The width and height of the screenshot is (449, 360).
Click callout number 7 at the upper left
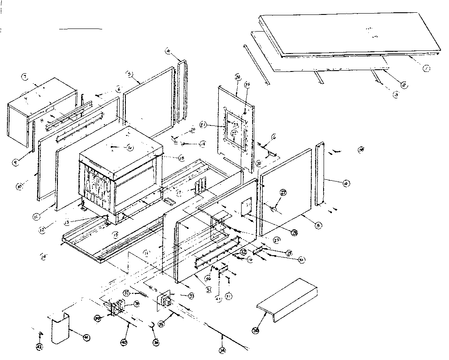(x=25, y=78)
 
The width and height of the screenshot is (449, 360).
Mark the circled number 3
(x=396, y=95)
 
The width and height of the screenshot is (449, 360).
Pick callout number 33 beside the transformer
(x=191, y=296)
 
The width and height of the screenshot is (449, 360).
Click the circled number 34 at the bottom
(x=222, y=349)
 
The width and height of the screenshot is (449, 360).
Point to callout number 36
(x=156, y=342)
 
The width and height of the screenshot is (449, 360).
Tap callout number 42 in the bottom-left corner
(x=40, y=347)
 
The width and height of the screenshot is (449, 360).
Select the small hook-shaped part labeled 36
(x=151, y=324)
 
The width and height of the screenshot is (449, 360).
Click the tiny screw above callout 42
(x=41, y=334)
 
